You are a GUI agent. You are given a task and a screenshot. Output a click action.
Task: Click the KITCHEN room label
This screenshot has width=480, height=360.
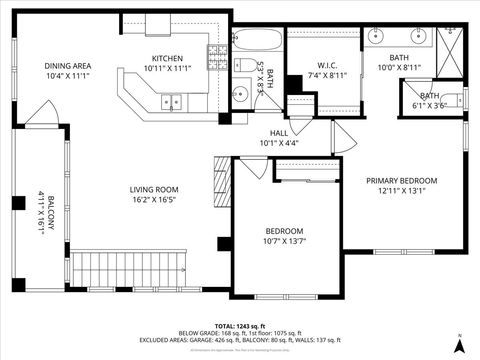[167, 58]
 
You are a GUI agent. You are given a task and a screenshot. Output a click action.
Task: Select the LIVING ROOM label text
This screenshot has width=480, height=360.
[153, 189]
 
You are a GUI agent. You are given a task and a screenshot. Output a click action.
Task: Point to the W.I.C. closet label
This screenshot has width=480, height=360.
[304, 66]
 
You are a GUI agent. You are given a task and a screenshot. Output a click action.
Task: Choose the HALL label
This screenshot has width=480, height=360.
[279, 133]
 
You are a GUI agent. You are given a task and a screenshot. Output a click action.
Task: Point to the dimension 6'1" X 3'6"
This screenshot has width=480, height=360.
[429, 104]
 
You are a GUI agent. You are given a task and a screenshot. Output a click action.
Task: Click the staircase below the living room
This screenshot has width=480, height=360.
[126, 268]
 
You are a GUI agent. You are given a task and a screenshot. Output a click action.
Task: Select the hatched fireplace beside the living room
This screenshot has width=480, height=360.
[221, 182]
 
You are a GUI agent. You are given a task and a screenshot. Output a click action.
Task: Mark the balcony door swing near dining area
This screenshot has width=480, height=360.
[41, 114]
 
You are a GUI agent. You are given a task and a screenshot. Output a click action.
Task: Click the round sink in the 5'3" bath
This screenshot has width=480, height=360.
[240, 95]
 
